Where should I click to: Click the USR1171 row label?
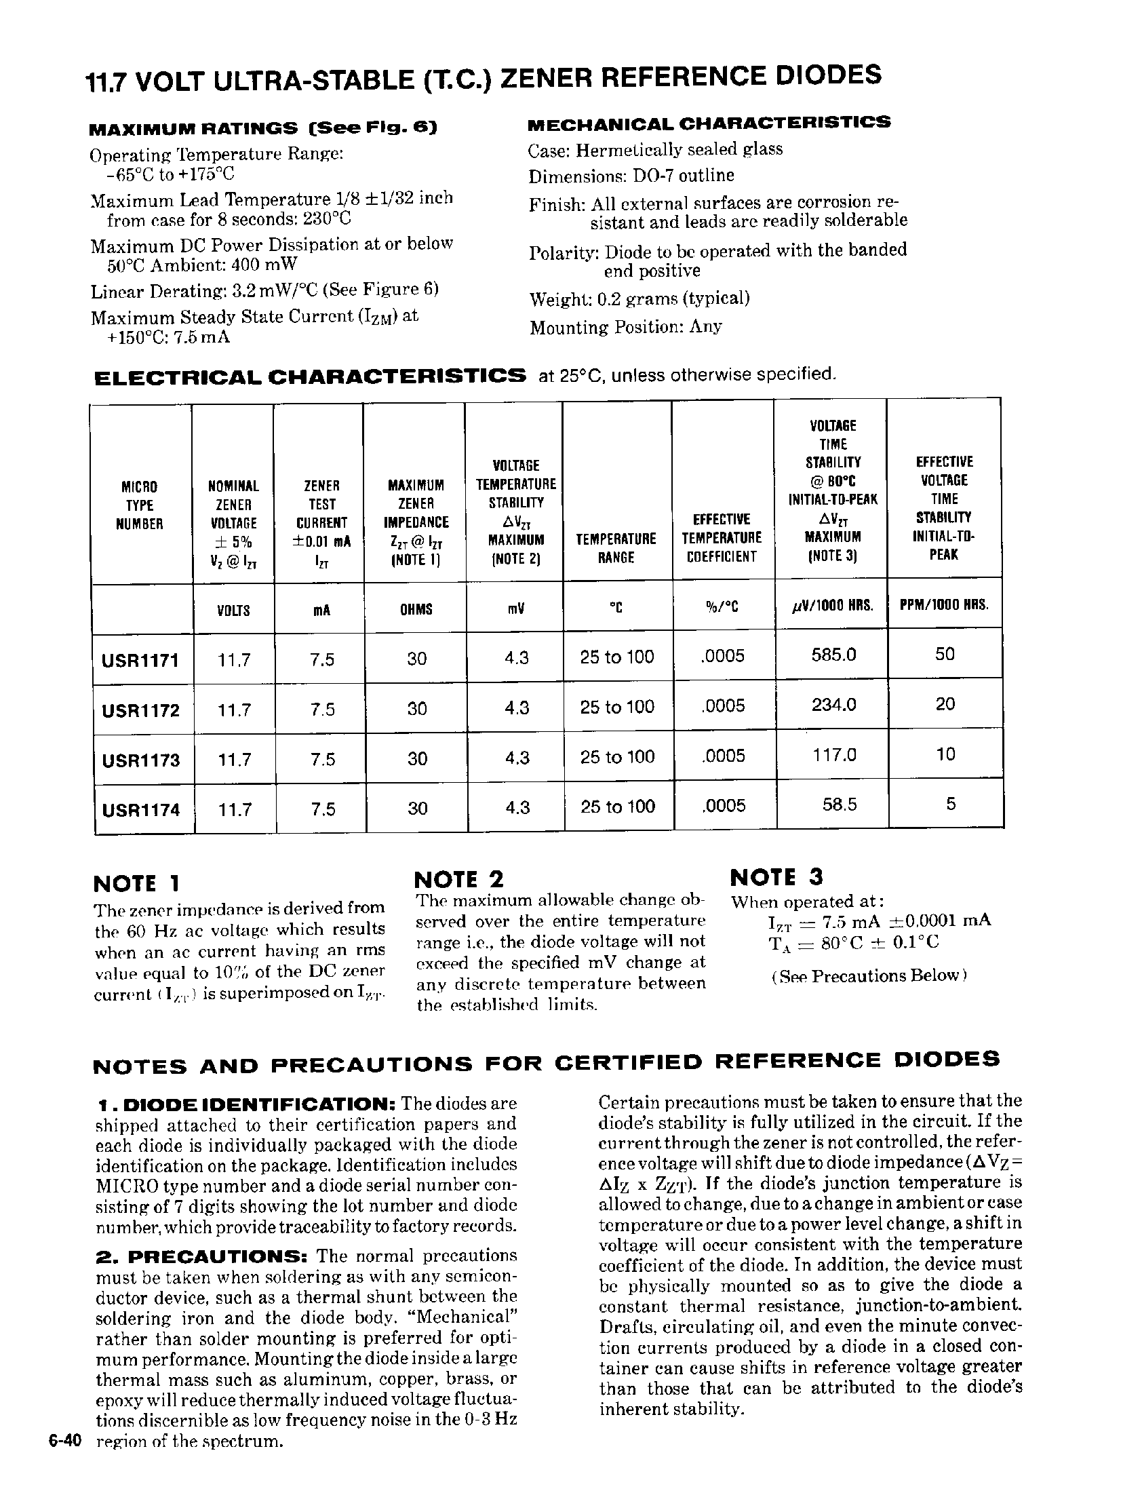click(x=140, y=661)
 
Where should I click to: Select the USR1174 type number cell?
click(x=140, y=810)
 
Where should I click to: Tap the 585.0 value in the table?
click(x=833, y=655)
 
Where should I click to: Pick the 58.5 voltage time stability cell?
click(x=839, y=805)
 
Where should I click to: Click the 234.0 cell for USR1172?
click(x=833, y=705)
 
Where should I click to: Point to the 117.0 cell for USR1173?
click(x=833, y=755)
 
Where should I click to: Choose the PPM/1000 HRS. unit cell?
click(x=944, y=605)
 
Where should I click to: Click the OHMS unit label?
click(x=416, y=609)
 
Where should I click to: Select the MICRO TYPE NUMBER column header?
click(x=139, y=505)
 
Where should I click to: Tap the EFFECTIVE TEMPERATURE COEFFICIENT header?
click(x=722, y=538)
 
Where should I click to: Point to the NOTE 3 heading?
click(x=776, y=877)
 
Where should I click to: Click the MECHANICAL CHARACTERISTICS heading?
click(x=709, y=123)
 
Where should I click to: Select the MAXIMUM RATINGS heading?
click(x=263, y=128)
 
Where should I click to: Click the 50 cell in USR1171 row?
click(x=945, y=654)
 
